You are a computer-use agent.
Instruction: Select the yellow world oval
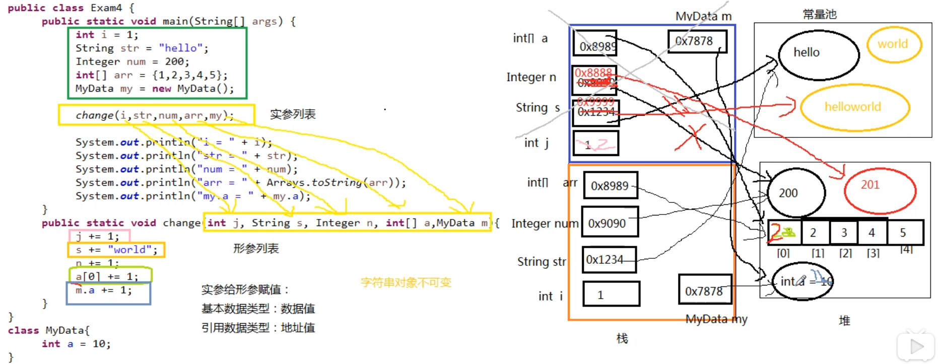[x=893, y=44]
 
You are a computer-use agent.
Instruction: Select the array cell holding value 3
[x=844, y=233]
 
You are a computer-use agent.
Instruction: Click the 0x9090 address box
[x=610, y=223]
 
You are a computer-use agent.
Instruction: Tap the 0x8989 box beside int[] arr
[x=610, y=186]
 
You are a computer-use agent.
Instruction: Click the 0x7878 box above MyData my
[x=704, y=290]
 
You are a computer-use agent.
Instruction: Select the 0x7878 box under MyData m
[x=697, y=41]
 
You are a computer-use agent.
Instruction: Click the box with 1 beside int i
[x=611, y=295]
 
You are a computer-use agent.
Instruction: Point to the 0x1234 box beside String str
[x=609, y=260]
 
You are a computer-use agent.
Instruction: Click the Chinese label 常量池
[x=819, y=15]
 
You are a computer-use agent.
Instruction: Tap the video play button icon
[x=916, y=346]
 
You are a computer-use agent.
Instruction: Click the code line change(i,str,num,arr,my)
[x=155, y=115]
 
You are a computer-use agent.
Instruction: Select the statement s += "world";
[x=116, y=250]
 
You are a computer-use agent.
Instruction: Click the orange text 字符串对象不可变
[x=406, y=282]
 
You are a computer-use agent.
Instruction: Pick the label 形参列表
[x=255, y=248]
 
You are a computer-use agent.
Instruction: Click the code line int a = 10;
[x=76, y=344]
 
